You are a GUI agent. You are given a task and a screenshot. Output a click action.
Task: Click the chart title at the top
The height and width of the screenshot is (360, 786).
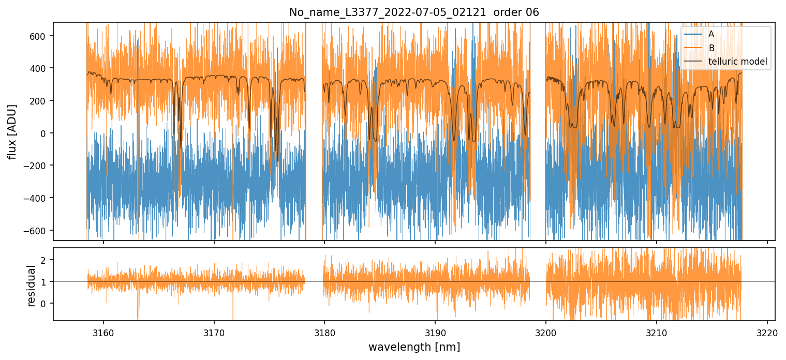pos(414,12)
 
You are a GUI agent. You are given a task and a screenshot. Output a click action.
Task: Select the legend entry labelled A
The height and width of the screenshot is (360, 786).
pos(711,35)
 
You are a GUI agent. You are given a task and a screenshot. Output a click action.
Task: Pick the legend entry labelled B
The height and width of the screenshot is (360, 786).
pos(711,49)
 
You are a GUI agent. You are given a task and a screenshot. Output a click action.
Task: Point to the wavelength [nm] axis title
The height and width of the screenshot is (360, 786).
pos(414,347)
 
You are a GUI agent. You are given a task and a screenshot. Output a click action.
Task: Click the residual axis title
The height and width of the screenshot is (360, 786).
pos(31,285)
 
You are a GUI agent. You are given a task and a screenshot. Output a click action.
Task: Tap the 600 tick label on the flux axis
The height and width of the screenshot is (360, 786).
pos(41,36)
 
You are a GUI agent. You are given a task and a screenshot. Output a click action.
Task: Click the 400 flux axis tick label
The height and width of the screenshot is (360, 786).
pos(41,68)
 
